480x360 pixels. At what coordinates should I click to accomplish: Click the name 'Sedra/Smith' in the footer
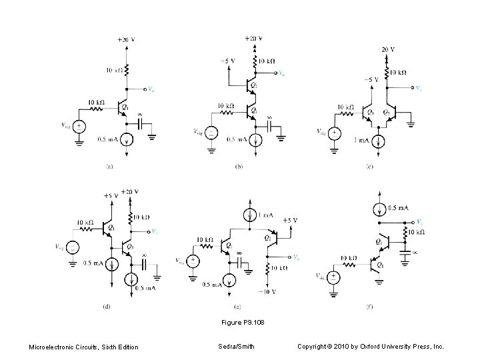236,346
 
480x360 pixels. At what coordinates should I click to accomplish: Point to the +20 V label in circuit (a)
125,39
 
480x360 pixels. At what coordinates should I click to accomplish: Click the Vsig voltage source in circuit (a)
79,126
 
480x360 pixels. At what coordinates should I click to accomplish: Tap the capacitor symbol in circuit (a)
141,125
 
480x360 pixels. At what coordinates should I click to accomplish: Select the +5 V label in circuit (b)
228,61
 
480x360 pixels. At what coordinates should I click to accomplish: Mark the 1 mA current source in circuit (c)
379,140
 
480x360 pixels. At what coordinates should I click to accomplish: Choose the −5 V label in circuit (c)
371,79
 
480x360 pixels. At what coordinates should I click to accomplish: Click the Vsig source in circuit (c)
336,133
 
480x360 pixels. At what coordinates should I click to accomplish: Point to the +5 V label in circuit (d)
111,196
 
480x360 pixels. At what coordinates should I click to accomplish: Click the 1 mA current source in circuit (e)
249,215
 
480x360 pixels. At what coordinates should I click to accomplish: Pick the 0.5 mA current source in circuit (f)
379,208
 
